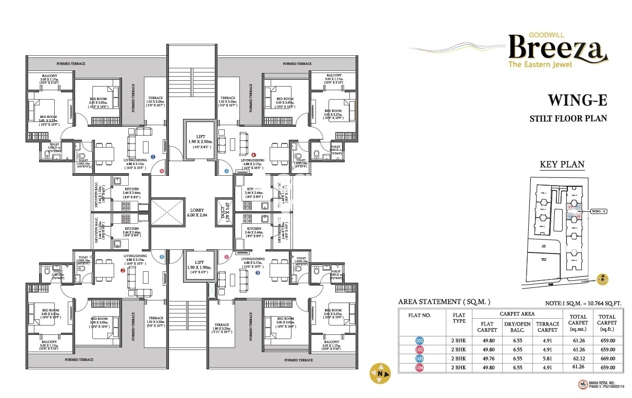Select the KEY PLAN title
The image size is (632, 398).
[562, 165]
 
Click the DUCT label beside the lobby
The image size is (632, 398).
[224, 211]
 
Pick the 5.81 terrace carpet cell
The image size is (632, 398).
[547, 359]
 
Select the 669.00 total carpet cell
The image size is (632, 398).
[607, 359]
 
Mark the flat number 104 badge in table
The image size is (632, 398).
[420, 368]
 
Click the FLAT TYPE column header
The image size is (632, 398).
[459, 318]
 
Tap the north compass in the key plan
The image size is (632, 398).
[603, 280]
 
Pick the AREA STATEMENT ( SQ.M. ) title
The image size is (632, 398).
[444, 302]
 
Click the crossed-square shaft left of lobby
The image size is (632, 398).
[167, 212]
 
